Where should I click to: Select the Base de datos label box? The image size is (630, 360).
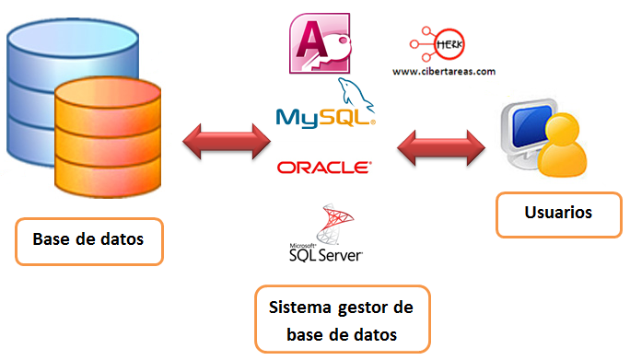click(x=88, y=241)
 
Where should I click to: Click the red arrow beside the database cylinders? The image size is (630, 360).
click(x=227, y=141)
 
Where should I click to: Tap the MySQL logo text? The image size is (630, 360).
click(x=324, y=117)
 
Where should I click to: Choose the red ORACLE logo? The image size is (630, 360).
click(x=324, y=168)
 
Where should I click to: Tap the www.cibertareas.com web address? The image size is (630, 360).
click(x=442, y=71)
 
